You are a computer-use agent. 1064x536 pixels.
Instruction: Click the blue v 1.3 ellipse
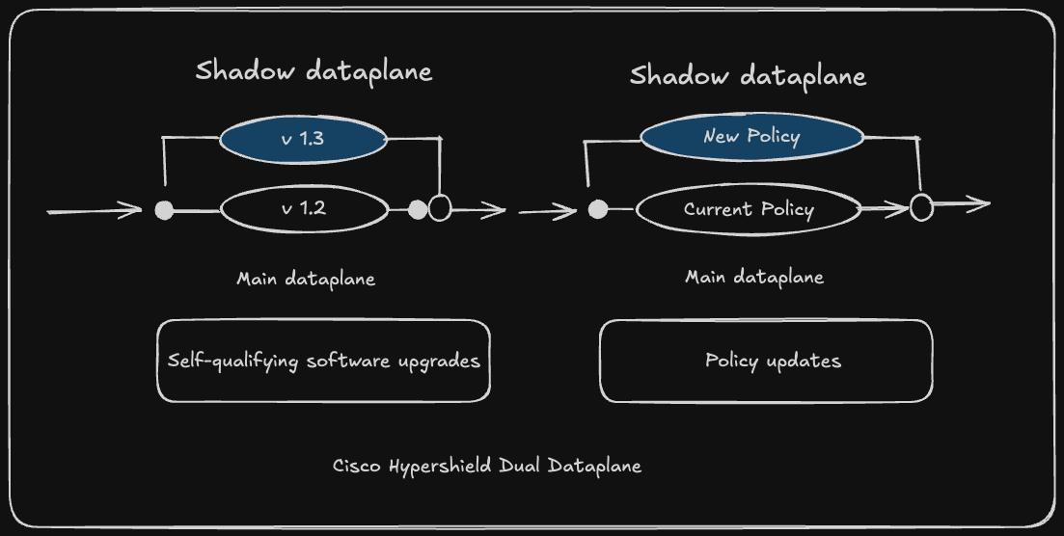303,139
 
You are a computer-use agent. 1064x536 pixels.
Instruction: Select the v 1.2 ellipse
304,209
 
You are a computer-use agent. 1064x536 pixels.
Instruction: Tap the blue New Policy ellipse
751,136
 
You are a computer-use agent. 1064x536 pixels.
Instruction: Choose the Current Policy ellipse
749,209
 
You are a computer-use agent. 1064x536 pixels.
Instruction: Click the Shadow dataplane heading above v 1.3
314,71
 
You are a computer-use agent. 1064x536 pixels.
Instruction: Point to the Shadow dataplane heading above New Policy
748,76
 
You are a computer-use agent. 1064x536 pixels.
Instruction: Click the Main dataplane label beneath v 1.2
306,279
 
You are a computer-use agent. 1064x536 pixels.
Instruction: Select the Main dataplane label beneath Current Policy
754,277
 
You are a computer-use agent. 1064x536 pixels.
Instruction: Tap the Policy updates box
766,361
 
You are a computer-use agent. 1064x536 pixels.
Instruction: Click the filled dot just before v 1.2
165,210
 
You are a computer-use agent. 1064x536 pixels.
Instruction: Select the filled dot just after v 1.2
418,209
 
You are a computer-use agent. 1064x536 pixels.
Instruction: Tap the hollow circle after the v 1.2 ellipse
440,208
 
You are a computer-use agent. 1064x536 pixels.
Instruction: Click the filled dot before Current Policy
598,209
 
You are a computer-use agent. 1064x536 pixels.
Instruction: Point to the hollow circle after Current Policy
921,207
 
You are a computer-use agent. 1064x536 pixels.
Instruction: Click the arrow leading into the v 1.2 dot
95,210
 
